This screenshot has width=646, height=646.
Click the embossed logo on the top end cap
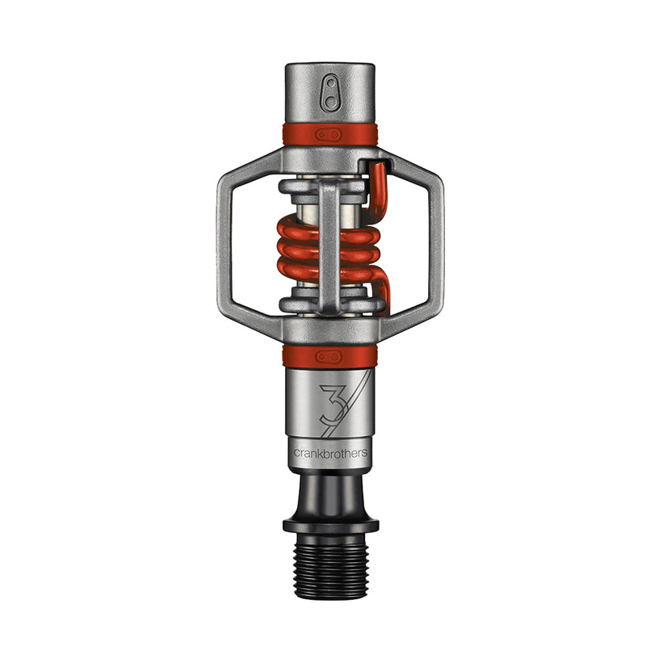(329, 94)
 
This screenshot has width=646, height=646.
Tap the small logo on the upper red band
(329, 134)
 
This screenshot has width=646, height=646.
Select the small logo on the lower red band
(329, 355)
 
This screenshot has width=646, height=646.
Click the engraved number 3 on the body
(332, 406)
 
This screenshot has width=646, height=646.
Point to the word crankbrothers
(329, 453)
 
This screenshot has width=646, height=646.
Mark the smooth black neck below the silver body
(329, 493)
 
